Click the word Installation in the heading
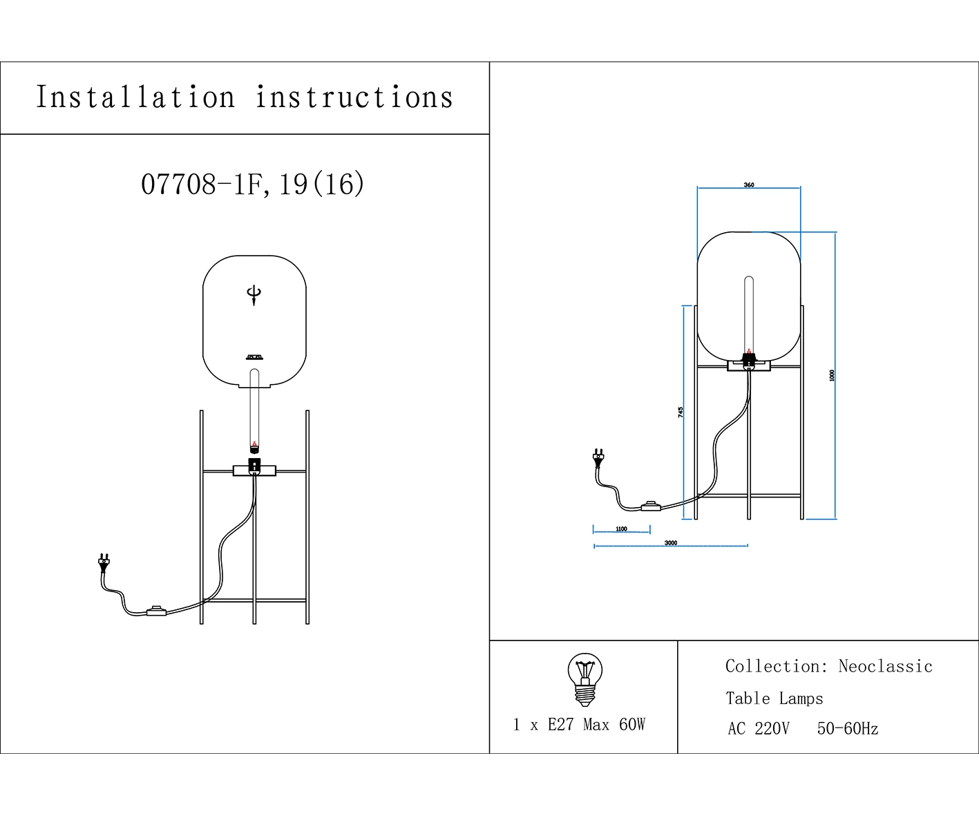(135, 97)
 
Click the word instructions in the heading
(354, 97)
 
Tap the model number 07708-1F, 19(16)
(252, 184)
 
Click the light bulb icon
(584, 679)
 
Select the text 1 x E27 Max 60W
(579, 725)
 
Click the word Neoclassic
(885, 667)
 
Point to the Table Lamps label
(774, 699)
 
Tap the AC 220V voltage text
(758, 729)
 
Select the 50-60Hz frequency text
(848, 729)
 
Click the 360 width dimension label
(749, 185)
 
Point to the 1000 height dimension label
(832, 375)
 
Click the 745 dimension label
(681, 412)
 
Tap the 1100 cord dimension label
(621, 529)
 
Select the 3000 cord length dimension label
(671, 543)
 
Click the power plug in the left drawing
(104, 562)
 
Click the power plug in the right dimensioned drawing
(598, 457)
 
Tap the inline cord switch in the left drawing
(157, 611)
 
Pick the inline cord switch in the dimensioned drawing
(651, 506)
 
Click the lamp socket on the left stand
(254, 466)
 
